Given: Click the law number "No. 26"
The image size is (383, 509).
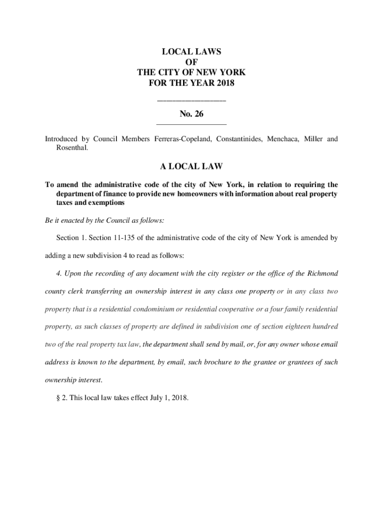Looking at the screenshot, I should click(x=191, y=114).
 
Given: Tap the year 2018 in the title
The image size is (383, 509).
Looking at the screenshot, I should click(x=224, y=83).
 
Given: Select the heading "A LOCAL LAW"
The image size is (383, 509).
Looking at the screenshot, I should click(x=191, y=165).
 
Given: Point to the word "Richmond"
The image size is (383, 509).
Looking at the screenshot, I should click(x=323, y=273).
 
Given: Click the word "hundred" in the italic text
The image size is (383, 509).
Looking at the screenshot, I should click(x=323, y=327).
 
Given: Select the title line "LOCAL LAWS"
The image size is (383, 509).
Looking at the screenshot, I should click(x=191, y=52).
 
